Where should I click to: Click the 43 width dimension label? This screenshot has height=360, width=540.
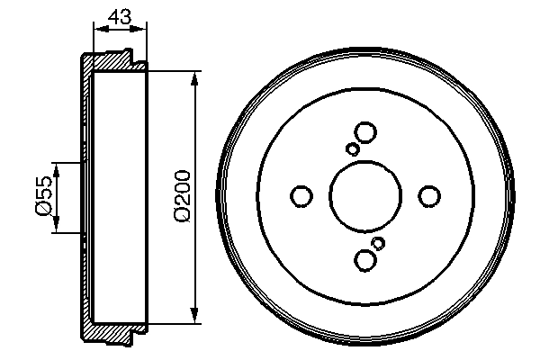click(119, 16)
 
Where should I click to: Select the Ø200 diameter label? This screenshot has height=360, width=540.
click(182, 195)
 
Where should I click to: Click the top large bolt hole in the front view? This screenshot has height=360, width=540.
click(365, 132)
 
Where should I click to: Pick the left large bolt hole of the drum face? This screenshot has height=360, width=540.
click(301, 195)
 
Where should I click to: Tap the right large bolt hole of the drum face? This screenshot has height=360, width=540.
click(430, 195)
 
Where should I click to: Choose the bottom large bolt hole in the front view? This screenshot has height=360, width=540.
click(365, 259)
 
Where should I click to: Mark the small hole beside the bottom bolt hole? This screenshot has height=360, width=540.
click(379, 243)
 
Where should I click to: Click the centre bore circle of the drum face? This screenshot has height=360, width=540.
click(365, 195)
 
